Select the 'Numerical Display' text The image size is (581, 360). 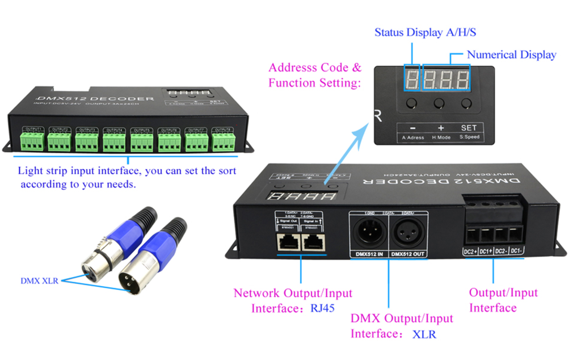click(x=511, y=55)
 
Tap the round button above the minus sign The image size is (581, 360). click(x=411, y=103)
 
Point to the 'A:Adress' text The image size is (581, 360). click(x=412, y=137)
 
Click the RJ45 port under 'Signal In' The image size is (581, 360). click(x=313, y=242)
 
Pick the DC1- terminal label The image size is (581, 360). click(x=516, y=251)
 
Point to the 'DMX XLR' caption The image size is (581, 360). click(x=39, y=281)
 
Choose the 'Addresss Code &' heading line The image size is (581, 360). click(x=315, y=68)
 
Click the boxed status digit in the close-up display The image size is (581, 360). click(x=411, y=79)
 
